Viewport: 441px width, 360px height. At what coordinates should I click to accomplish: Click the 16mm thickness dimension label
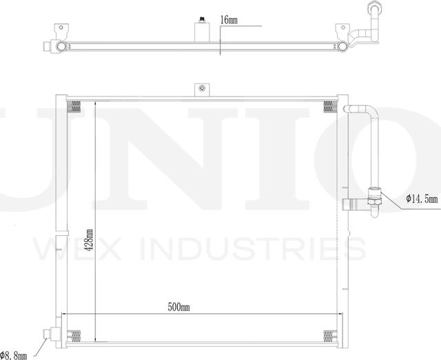pyautogui.click(x=229, y=21)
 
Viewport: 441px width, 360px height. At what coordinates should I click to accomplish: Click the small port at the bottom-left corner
pyautogui.click(x=49, y=334)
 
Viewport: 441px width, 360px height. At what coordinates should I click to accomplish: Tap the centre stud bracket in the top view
pyautogui.click(x=201, y=31)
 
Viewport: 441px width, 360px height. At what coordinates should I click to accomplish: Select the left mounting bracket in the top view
pyautogui.click(x=61, y=31)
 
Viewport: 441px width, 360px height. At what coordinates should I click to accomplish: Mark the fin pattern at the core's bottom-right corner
pyautogui.click(x=329, y=335)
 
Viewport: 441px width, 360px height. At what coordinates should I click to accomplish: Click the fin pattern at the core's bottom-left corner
pyautogui.click(x=75, y=335)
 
